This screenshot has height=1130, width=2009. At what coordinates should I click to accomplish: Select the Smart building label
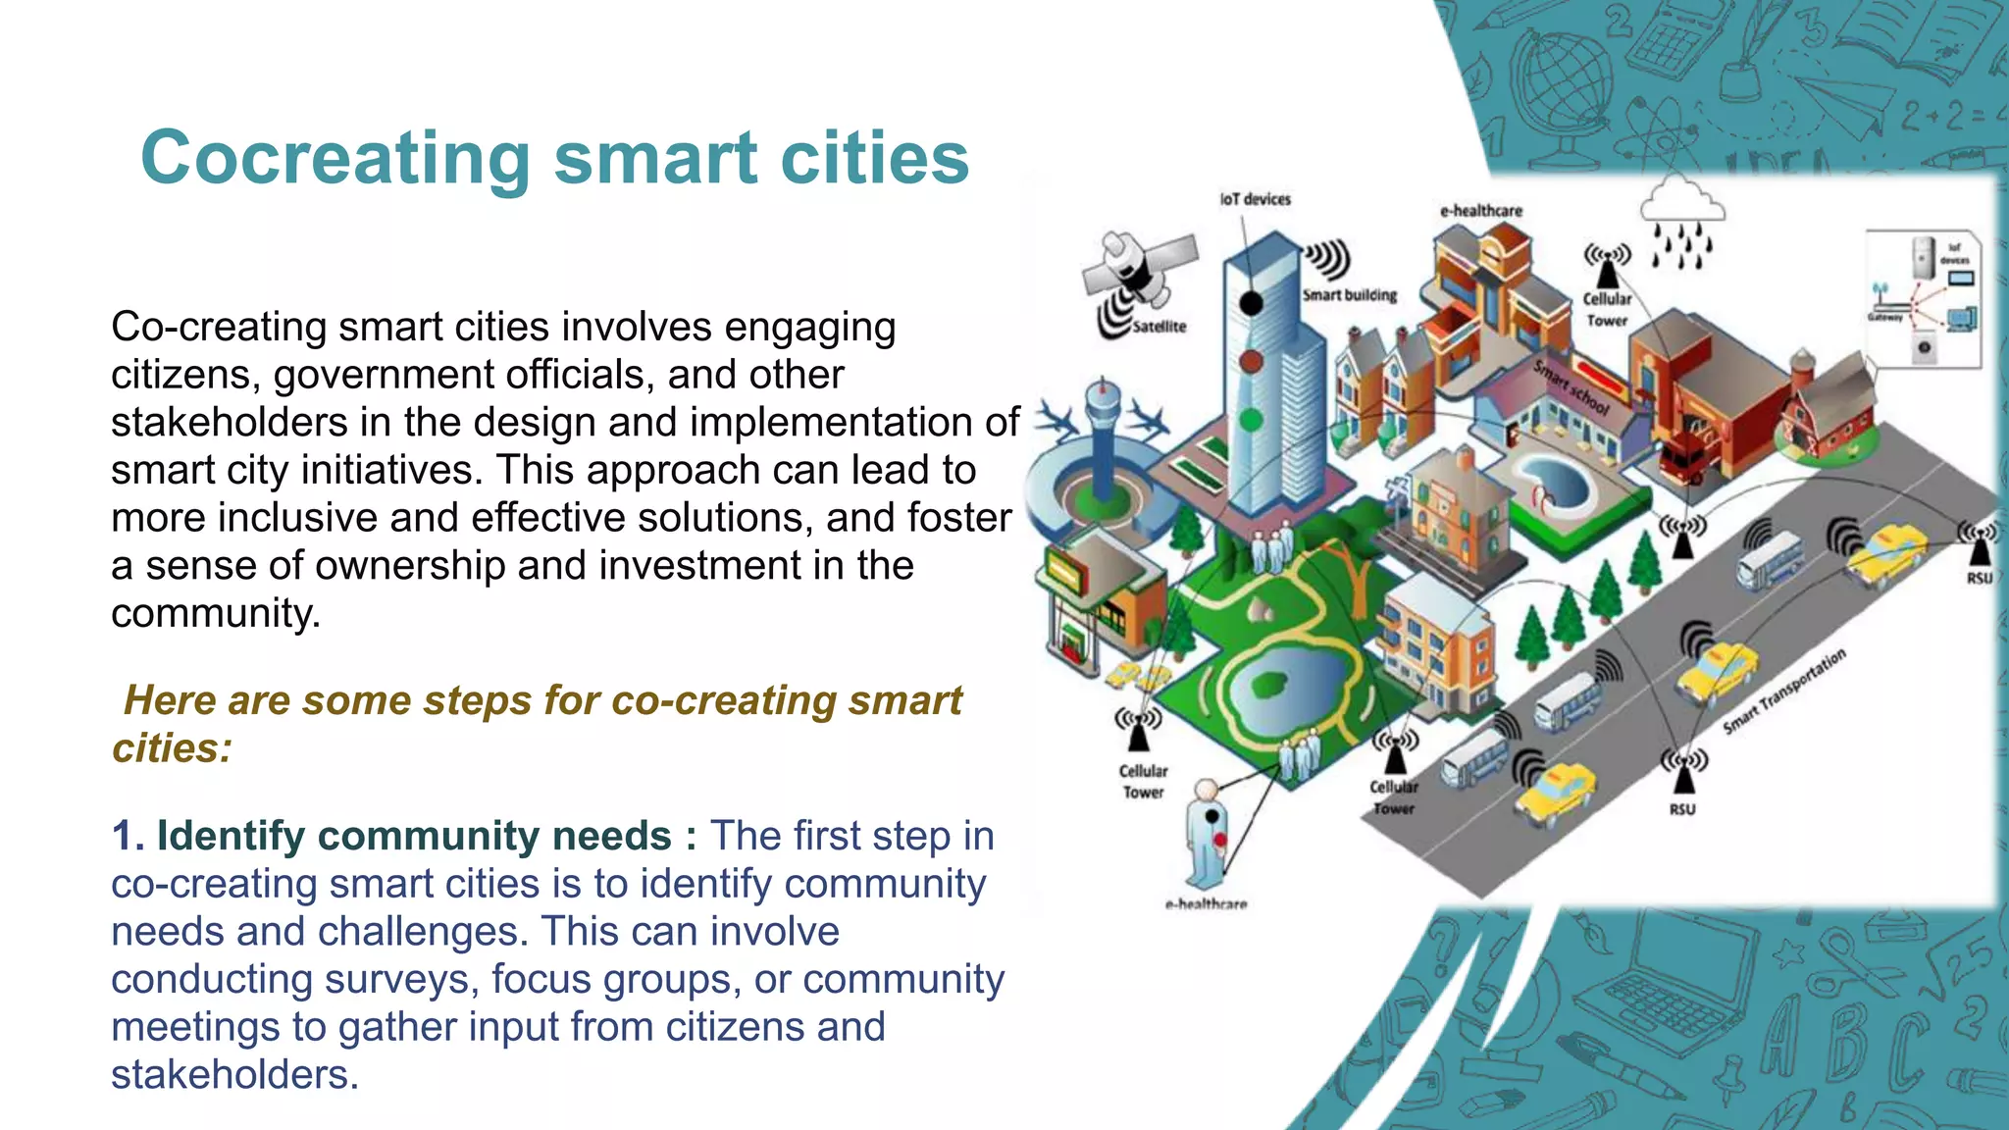pyautogui.click(x=1349, y=295)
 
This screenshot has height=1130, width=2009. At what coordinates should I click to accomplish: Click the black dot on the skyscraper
pyautogui.click(x=1251, y=303)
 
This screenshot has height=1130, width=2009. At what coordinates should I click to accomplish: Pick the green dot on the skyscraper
pyautogui.click(x=1251, y=420)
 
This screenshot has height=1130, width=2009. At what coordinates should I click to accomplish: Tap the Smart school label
pyautogui.click(x=1571, y=387)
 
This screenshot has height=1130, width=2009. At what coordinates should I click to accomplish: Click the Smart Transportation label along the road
pyautogui.click(x=1784, y=692)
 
